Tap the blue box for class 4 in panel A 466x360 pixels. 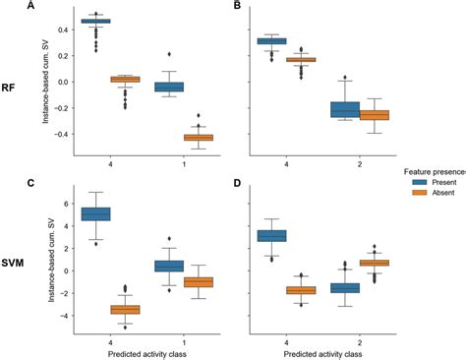pyautogui.click(x=95, y=21)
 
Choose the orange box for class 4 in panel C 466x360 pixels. pyautogui.click(x=125, y=309)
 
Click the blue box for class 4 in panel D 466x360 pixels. pyautogui.click(x=270, y=235)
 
